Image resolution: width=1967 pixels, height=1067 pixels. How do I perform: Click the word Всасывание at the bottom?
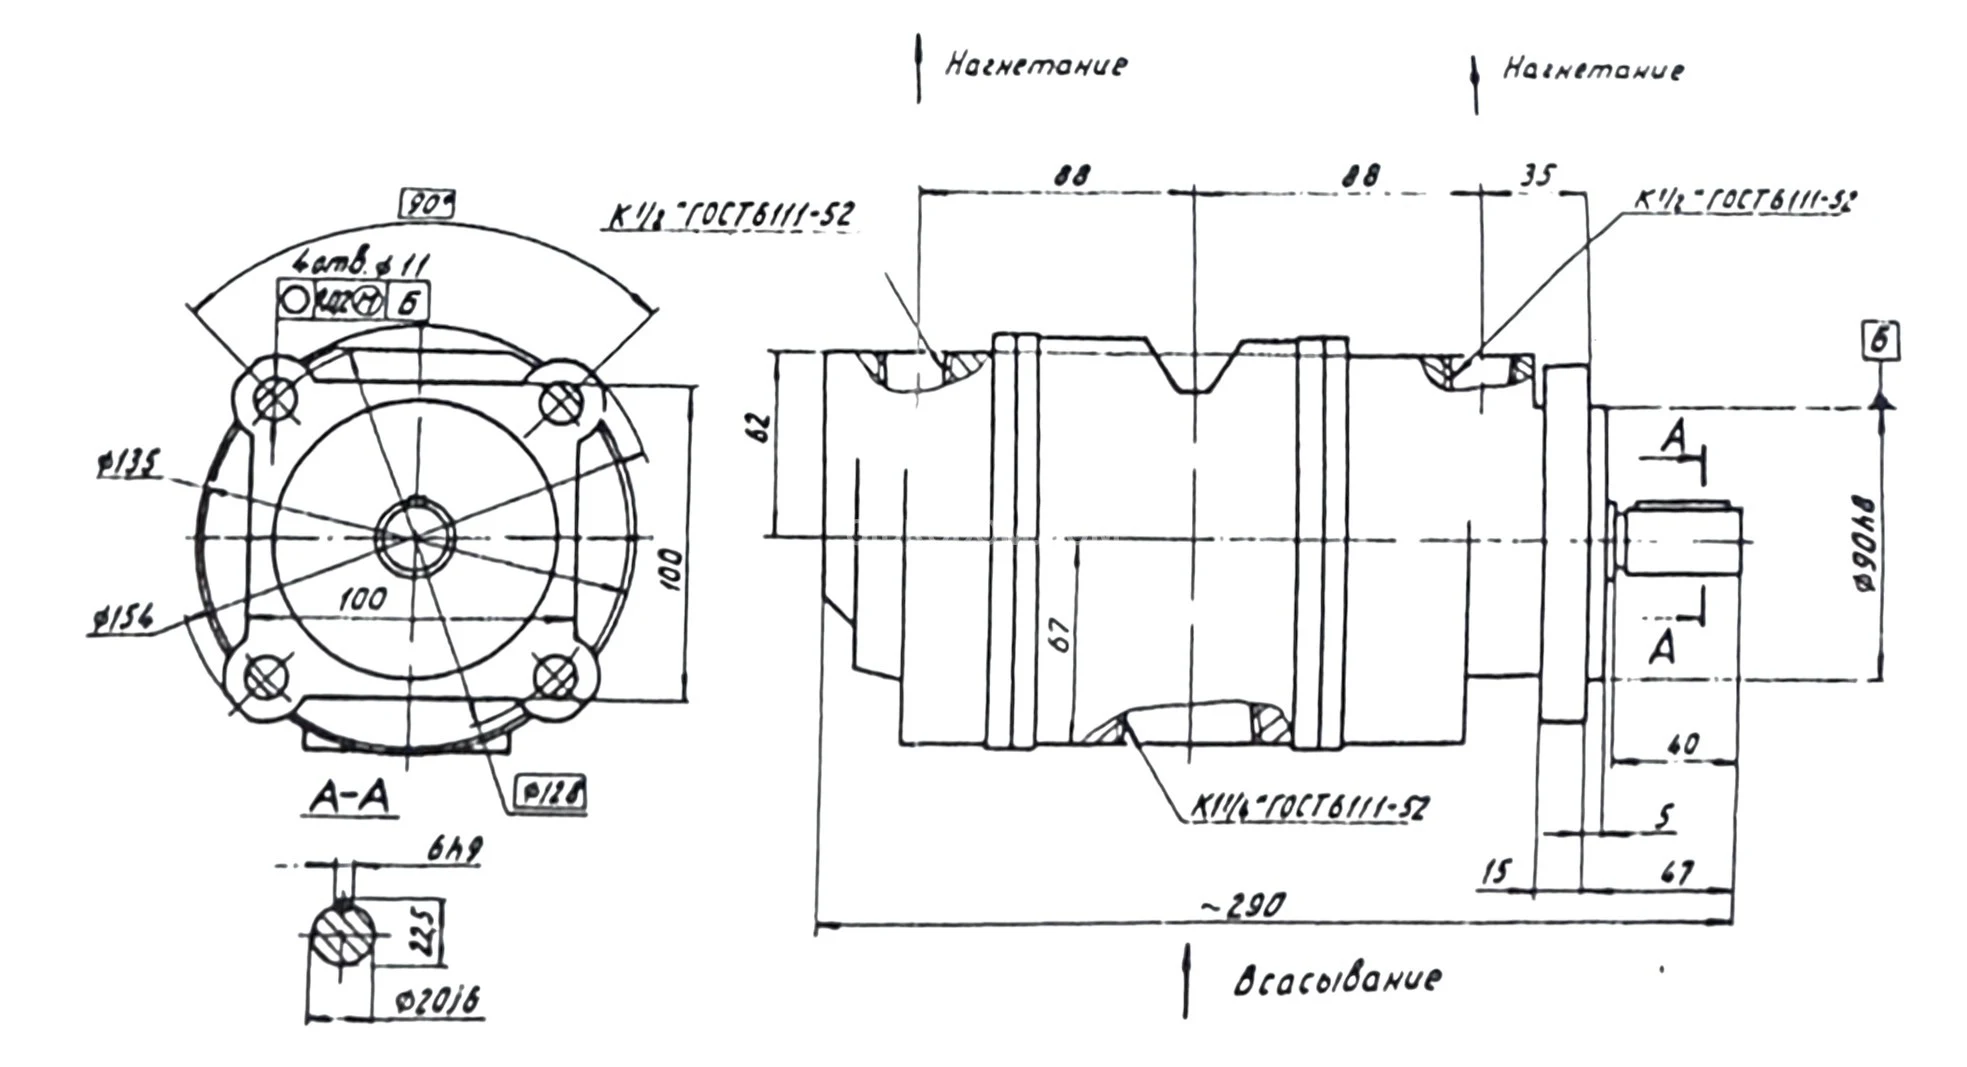[1337, 979]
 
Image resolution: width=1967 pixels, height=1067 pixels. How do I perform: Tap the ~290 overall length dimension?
[1242, 906]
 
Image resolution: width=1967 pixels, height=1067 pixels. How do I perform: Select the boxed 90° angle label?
[427, 204]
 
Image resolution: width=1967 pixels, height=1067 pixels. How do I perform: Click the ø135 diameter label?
[129, 465]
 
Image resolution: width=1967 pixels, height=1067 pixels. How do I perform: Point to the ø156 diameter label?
[121, 620]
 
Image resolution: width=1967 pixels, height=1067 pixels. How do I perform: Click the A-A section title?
[349, 797]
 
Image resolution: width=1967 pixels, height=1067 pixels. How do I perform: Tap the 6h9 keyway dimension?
[454, 850]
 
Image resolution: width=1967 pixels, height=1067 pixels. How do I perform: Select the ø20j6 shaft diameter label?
[437, 1000]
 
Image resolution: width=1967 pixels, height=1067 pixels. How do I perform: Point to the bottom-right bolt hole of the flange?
[556, 678]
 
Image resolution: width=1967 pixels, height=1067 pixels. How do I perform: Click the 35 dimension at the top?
[1537, 176]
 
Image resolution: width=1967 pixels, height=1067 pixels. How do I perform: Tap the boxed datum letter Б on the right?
[1881, 341]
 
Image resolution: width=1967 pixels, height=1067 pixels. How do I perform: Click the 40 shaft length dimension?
[1683, 745]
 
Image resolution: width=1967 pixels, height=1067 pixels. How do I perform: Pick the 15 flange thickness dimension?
[1495, 872]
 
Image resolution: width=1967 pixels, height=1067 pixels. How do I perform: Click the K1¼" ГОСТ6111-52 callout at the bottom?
[1310, 808]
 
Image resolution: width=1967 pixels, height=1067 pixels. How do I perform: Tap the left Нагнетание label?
[1036, 65]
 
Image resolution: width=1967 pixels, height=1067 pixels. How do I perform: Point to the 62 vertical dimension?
[762, 427]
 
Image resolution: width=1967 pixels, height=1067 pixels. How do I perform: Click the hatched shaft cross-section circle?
[342, 936]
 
